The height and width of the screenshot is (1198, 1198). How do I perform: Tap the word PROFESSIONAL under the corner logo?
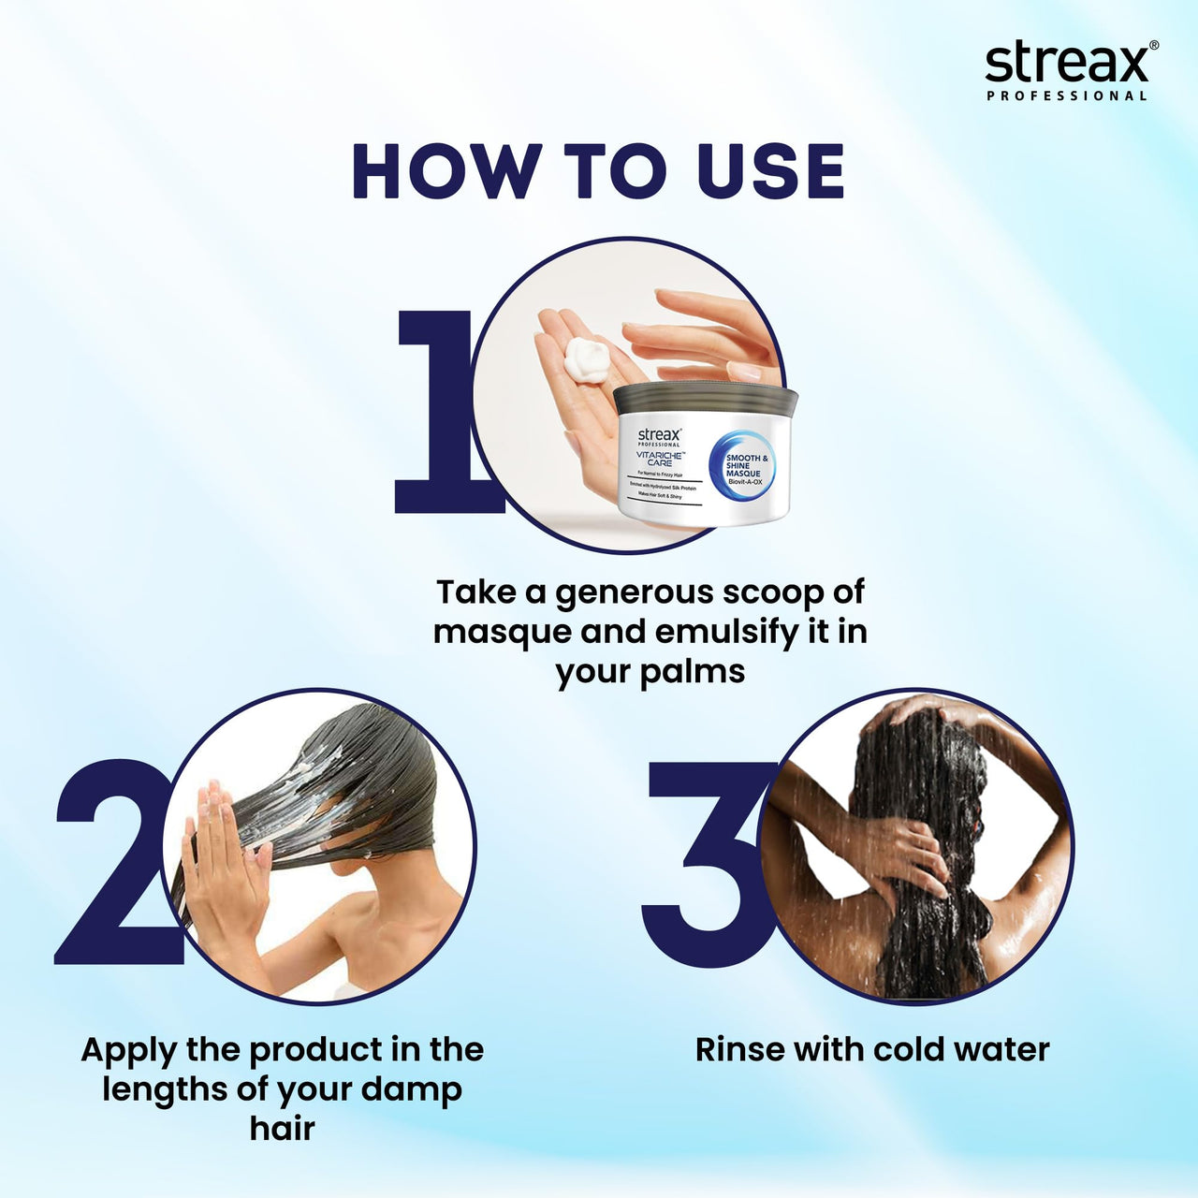[1067, 95]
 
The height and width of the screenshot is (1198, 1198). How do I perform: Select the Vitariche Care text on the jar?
[661, 459]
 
